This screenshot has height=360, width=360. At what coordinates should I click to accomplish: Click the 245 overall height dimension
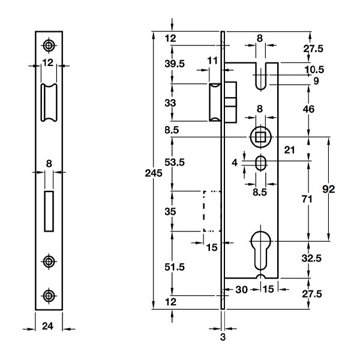point(155,173)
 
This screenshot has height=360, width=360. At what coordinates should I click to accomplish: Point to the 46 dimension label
point(309,110)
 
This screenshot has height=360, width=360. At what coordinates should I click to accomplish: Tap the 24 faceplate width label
point(50,327)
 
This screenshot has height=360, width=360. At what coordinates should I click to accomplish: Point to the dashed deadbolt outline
point(212,211)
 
